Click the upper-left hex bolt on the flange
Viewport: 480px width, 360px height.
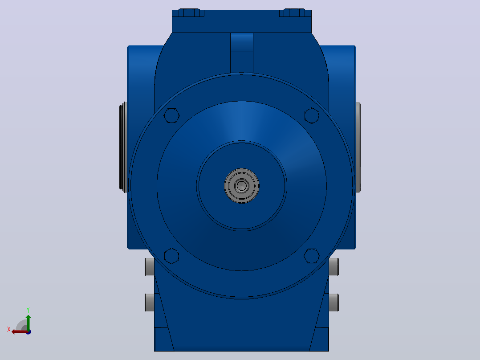[171, 115]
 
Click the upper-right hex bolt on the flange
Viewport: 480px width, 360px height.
[312, 115]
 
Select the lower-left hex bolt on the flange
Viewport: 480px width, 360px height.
[171, 256]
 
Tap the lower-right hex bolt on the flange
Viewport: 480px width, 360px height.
[312, 256]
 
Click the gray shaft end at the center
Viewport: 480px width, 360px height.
[241, 186]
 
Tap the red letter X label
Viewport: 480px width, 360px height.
[9, 329]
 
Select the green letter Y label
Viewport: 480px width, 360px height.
[28, 310]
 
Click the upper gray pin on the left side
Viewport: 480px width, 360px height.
[150, 267]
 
